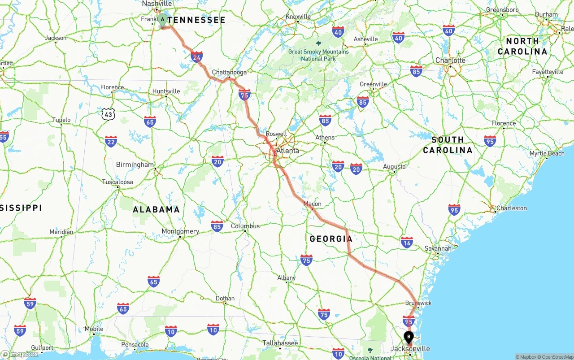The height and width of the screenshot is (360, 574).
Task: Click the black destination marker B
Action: click(409, 337)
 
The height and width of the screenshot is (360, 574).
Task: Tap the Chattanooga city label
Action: click(229, 72)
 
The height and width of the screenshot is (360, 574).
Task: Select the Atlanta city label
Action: click(287, 151)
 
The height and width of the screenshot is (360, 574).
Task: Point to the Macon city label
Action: click(313, 204)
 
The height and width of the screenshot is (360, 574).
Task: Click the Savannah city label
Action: click(438, 248)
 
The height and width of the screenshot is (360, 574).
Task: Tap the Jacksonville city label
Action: click(410, 349)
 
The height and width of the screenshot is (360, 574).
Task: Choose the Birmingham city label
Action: click(135, 165)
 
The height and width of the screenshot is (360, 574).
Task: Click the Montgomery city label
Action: click(180, 231)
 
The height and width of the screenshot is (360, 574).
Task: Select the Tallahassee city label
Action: click(280, 343)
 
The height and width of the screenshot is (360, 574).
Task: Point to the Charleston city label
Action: click(512, 208)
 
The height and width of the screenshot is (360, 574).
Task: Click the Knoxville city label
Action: click(298, 17)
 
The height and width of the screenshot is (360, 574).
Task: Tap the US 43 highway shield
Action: click(108, 114)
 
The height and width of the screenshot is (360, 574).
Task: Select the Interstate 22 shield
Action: click(111, 142)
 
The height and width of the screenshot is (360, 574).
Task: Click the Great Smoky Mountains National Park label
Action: click(318, 55)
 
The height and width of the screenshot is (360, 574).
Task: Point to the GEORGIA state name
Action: click(331, 239)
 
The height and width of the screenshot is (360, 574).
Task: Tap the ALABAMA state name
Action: click(156, 209)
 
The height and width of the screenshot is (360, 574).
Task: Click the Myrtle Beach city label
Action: click(547, 153)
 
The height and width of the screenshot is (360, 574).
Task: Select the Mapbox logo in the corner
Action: click(20, 354)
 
